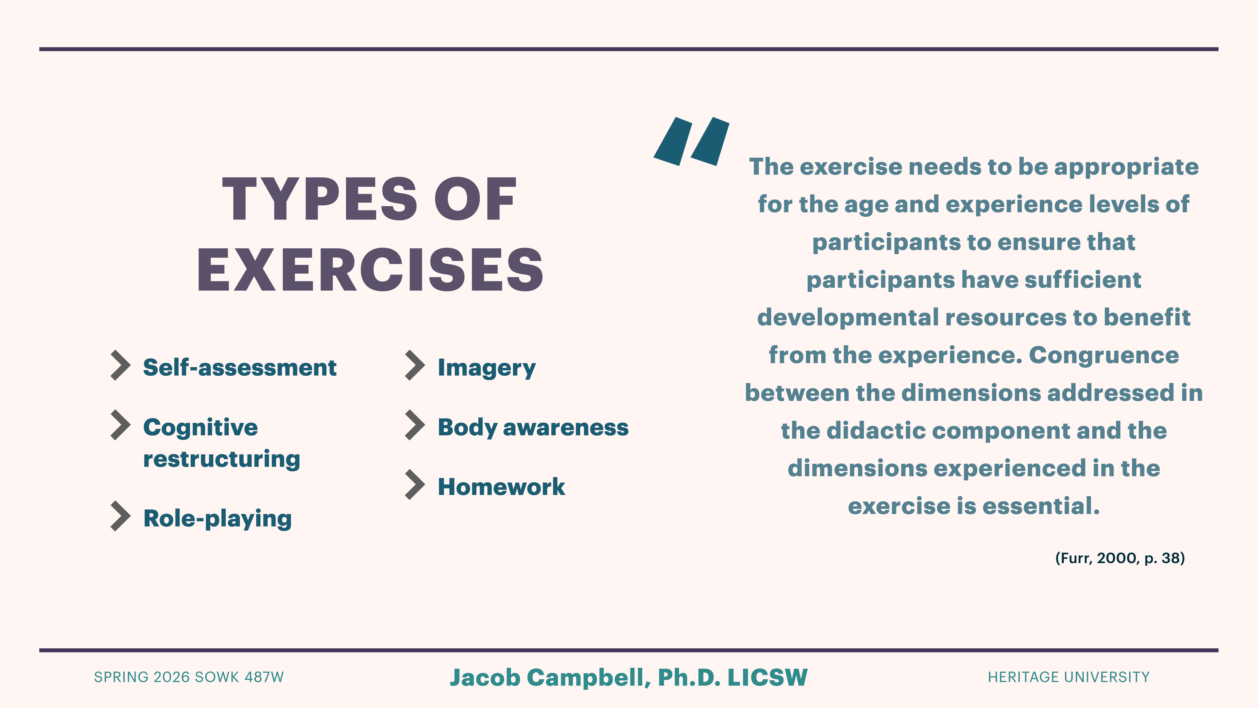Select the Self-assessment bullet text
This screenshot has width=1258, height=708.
(x=239, y=367)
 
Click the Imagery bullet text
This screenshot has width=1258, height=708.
(x=486, y=367)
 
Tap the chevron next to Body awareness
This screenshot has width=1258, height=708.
(x=415, y=425)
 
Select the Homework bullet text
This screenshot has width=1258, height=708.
(x=501, y=487)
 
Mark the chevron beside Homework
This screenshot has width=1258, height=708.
(x=415, y=485)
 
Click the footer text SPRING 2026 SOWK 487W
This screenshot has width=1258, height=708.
(x=189, y=677)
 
